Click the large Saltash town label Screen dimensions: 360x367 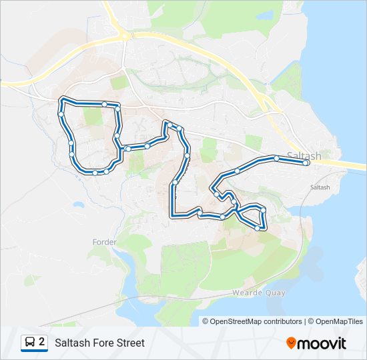(304, 155)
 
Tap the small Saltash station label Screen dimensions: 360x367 (320, 187)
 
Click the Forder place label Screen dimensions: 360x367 (105, 242)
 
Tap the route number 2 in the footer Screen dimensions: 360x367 (42, 342)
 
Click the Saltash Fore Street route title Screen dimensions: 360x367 (99, 343)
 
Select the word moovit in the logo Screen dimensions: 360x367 (322, 343)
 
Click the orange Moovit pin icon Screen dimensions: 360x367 (292, 343)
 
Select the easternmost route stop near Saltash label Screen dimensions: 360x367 (306, 163)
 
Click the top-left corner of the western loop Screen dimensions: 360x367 (62, 100)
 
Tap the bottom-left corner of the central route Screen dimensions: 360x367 (173, 215)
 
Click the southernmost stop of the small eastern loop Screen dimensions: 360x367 (258, 229)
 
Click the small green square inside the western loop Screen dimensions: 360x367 (93, 116)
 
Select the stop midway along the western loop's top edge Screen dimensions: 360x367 (105, 104)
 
